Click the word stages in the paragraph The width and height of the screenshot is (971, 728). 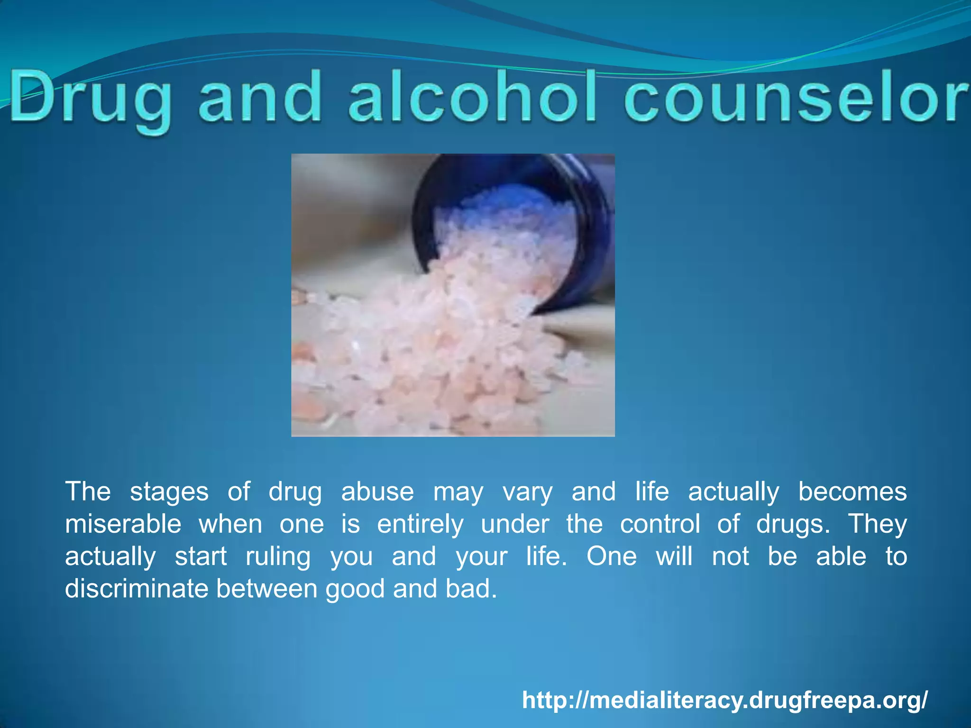[x=169, y=492]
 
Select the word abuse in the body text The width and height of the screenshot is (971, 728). [x=377, y=491]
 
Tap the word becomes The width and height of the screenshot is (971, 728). [x=852, y=491]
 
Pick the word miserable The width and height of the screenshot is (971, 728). [x=123, y=524]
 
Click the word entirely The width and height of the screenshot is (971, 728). [x=420, y=525]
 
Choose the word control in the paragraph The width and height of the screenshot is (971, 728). [x=660, y=524]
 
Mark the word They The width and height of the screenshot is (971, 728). [x=877, y=525]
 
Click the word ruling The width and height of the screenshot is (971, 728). [x=278, y=557]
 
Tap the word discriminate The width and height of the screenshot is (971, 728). [x=137, y=589]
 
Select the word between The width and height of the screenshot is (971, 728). [x=267, y=589]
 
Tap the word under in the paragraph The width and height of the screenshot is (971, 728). [x=515, y=524]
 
